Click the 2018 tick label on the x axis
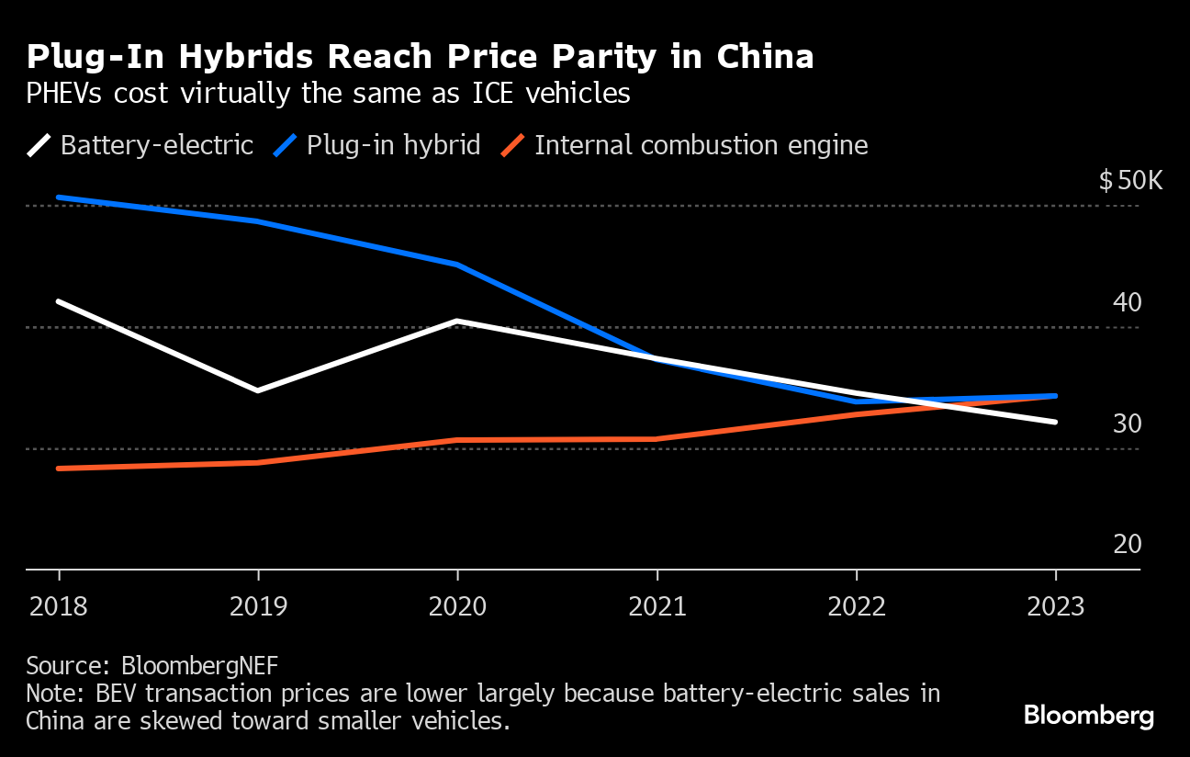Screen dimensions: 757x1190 59,607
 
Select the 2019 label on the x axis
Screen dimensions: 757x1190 258,607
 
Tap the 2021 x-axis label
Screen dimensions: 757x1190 657,607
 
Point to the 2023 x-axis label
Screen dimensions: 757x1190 1055,607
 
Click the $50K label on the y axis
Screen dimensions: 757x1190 1130,180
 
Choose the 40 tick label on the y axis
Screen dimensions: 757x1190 1127,302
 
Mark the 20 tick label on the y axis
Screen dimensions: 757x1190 1127,544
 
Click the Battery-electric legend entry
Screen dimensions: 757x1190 156,145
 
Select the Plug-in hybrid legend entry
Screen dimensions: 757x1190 393,145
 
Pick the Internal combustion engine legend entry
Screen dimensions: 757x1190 701,145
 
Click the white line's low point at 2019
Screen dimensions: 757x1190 258,390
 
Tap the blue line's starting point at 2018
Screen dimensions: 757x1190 59,198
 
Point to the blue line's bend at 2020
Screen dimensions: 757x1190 457,265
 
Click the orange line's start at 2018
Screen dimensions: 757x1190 59,469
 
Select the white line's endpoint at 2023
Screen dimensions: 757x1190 1056,422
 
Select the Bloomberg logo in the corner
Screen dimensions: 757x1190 1088,715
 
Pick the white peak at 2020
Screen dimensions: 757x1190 457,321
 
